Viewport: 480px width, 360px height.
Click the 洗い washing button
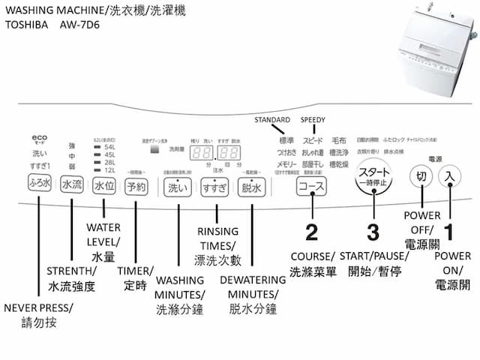178,188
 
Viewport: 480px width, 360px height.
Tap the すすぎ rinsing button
214,188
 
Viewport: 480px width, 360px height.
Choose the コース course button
309,187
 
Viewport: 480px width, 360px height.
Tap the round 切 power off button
421,177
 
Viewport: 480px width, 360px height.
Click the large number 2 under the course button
311,230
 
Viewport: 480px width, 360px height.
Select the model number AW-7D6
81,25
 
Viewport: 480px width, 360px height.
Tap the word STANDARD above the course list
273,120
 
